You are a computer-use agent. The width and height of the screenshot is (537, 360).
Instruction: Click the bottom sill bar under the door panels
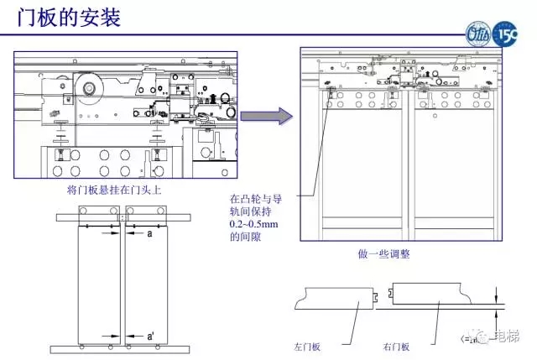click(124, 347)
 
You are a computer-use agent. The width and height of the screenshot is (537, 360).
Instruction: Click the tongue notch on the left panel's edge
click(378, 295)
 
